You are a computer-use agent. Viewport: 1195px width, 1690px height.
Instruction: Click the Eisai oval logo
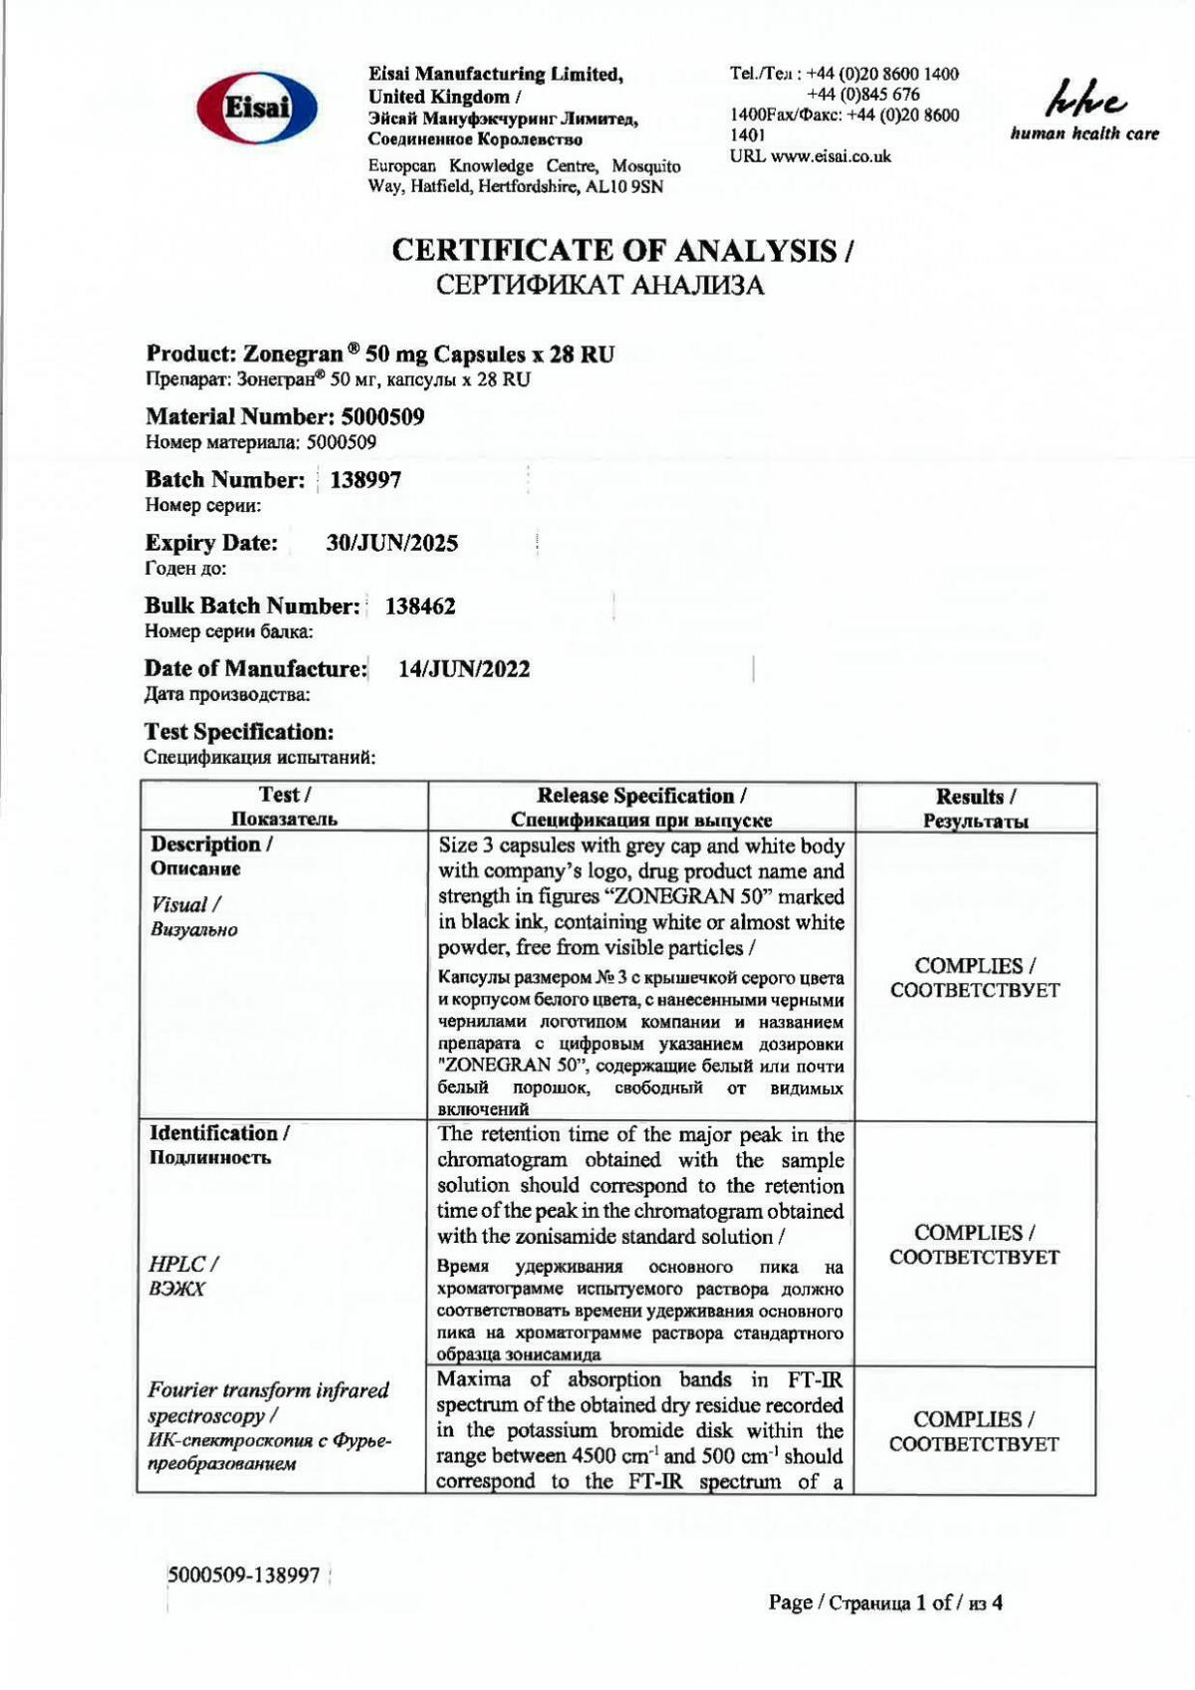pyautogui.click(x=257, y=108)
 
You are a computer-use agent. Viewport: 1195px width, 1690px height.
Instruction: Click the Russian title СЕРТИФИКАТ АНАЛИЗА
pyautogui.click(x=600, y=287)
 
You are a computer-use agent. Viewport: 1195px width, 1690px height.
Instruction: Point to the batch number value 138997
pyautogui.click(x=365, y=480)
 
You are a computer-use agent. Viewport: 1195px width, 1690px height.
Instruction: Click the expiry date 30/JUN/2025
pyautogui.click(x=392, y=543)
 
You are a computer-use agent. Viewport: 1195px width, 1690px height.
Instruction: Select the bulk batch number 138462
pyautogui.click(x=420, y=605)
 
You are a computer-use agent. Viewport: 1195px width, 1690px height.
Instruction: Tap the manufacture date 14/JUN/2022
pyautogui.click(x=464, y=669)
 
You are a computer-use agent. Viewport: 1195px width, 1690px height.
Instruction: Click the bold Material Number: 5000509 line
pyautogui.click(x=285, y=416)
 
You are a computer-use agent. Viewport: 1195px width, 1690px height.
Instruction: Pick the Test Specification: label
pyautogui.click(x=239, y=732)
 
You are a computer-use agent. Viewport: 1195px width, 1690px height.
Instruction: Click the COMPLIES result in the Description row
pyautogui.click(x=975, y=977)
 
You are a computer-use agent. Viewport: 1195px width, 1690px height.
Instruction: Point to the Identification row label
pyautogui.click(x=219, y=1133)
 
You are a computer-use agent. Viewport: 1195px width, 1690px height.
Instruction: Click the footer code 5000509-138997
pyautogui.click(x=244, y=1574)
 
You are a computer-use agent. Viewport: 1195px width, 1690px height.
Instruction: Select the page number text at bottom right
pyautogui.click(x=885, y=1602)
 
